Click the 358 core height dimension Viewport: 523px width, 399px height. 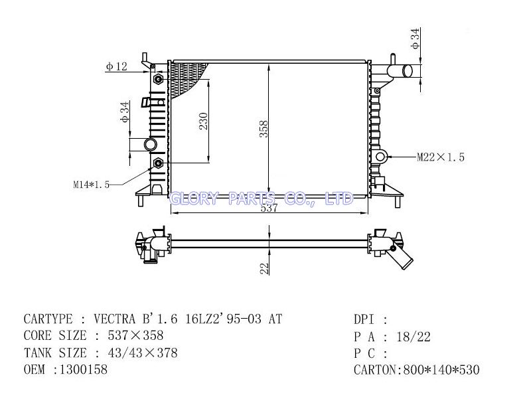pyautogui.click(x=264, y=129)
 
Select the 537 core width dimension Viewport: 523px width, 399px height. pyautogui.click(x=269, y=208)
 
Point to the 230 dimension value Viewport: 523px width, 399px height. pyautogui.click(x=204, y=121)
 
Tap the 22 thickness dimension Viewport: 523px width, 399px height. pyautogui.click(x=264, y=269)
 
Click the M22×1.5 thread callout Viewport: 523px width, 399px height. pyautogui.click(x=441, y=157)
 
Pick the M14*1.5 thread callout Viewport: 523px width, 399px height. pyautogui.click(x=92, y=185)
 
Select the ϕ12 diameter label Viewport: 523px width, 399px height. pyautogui.click(x=117, y=66)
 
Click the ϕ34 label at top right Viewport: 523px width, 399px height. pyautogui.click(x=415, y=39)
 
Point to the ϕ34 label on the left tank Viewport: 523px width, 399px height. pyautogui.click(x=125, y=112)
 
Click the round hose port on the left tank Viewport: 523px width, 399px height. pyautogui.click(x=151, y=145)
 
